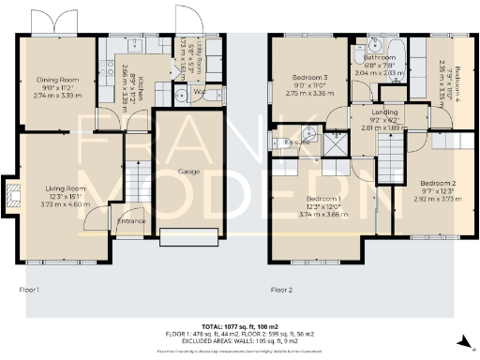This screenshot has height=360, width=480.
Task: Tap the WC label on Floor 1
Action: click(199, 92)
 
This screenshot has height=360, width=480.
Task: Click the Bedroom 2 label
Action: click(437, 182)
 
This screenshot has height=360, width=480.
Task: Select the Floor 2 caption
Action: click(282, 291)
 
